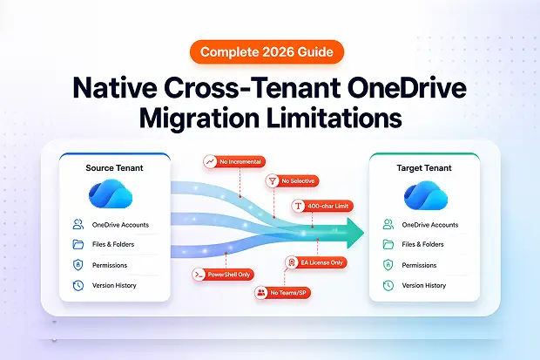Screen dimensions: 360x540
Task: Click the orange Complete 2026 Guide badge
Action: (x=269, y=52)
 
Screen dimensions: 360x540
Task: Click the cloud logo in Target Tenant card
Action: (x=424, y=194)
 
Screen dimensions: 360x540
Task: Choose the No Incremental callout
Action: (x=233, y=161)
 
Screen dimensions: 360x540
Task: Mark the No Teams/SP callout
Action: (x=284, y=293)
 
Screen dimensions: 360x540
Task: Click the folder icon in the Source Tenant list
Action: (x=78, y=245)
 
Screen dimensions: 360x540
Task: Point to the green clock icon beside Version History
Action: (x=388, y=285)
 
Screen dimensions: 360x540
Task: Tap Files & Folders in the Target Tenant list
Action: (x=424, y=245)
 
